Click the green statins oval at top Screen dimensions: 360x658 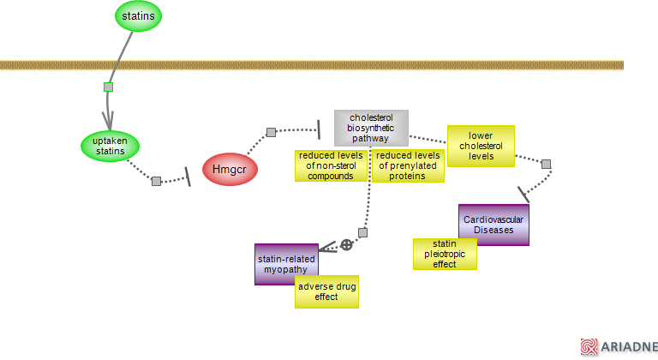139,15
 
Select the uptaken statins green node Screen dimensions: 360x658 110,146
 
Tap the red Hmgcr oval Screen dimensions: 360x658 230,169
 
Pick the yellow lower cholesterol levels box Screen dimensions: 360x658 481,146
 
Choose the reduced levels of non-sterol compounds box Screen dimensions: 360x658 331,165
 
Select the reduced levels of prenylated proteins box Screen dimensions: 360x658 409,165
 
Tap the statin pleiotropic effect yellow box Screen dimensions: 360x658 445,254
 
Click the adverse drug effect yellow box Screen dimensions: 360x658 326,291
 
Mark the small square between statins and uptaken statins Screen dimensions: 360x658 108,87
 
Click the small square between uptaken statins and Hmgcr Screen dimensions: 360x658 156,181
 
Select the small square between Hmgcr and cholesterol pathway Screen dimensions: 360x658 271,132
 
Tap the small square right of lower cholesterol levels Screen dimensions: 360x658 546,164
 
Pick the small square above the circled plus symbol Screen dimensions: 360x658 362,232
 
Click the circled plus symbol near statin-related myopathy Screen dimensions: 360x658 346,245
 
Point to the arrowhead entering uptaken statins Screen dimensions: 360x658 109,119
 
